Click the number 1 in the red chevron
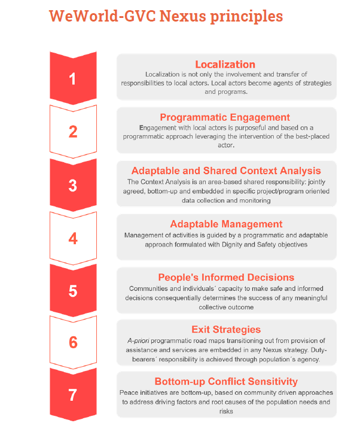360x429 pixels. click(x=72, y=79)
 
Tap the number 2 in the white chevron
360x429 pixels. click(x=73, y=132)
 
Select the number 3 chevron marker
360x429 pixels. click(x=73, y=185)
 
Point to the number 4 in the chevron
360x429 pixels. click(x=73, y=238)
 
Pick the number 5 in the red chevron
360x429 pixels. click(x=73, y=291)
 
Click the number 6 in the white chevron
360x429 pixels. click(x=74, y=342)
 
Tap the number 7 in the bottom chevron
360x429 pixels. click(x=73, y=395)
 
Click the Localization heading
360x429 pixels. click(x=225, y=64)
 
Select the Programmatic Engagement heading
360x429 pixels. click(x=225, y=117)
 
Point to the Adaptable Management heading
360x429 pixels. click(x=226, y=224)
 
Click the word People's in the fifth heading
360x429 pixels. click(x=178, y=277)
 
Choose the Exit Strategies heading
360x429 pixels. click(x=226, y=330)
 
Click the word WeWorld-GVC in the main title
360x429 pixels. click(x=102, y=16)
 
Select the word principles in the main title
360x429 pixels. click(x=246, y=16)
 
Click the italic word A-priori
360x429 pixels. click(x=138, y=340)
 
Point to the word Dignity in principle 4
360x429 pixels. click(x=232, y=245)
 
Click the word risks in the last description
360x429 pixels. click(x=226, y=411)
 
